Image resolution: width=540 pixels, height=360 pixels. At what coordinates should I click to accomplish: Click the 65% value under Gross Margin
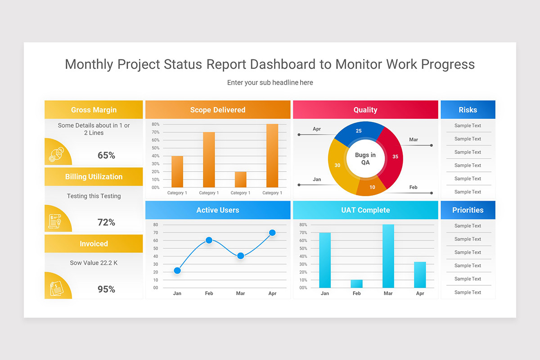pyautogui.click(x=106, y=155)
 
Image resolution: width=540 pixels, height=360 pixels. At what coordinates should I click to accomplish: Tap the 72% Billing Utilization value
pyautogui.click(x=106, y=222)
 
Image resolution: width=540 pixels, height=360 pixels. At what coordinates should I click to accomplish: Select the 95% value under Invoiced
pyautogui.click(x=106, y=289)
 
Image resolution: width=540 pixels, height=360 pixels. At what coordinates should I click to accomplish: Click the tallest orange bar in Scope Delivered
pyautogui.click(x=272, y=156)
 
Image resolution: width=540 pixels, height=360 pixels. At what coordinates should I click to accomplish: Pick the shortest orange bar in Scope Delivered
pyautogui.click(x=240, y=180)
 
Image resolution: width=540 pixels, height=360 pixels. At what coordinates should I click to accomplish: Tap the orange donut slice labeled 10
pyautogui.click(x=371, y=186)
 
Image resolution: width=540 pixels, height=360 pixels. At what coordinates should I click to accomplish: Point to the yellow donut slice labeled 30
pyautogui.click(x=338, y=166)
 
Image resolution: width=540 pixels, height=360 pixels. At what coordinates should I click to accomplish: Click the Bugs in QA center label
pyautogui.click(x=365, y=158)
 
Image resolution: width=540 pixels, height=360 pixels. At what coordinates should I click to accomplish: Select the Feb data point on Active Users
pyautogui.click(x=209, y=240)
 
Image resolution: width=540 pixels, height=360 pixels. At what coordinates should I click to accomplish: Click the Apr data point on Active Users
pyautogui.click(x=272, y=233)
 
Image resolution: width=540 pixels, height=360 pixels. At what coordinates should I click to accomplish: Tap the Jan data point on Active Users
pyautogui.click(x=177, y=270)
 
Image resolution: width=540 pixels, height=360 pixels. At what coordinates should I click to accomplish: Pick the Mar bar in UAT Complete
pyautogui.click(x=388, y=256)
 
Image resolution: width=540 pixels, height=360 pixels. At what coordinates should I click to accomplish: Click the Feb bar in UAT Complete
pyautogui.click(x=356, y=284)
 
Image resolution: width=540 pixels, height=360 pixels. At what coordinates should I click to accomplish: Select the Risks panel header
pyautogui.click(x=468, y=110)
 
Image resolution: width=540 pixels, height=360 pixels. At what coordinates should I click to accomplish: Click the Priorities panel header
pyautogui.click(x=468, y=210)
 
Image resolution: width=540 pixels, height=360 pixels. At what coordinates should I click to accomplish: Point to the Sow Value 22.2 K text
pyautogui.click(x=94, y=263)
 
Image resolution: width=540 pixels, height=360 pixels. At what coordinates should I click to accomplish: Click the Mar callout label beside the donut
pyautogui.click(x=413, y=139)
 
